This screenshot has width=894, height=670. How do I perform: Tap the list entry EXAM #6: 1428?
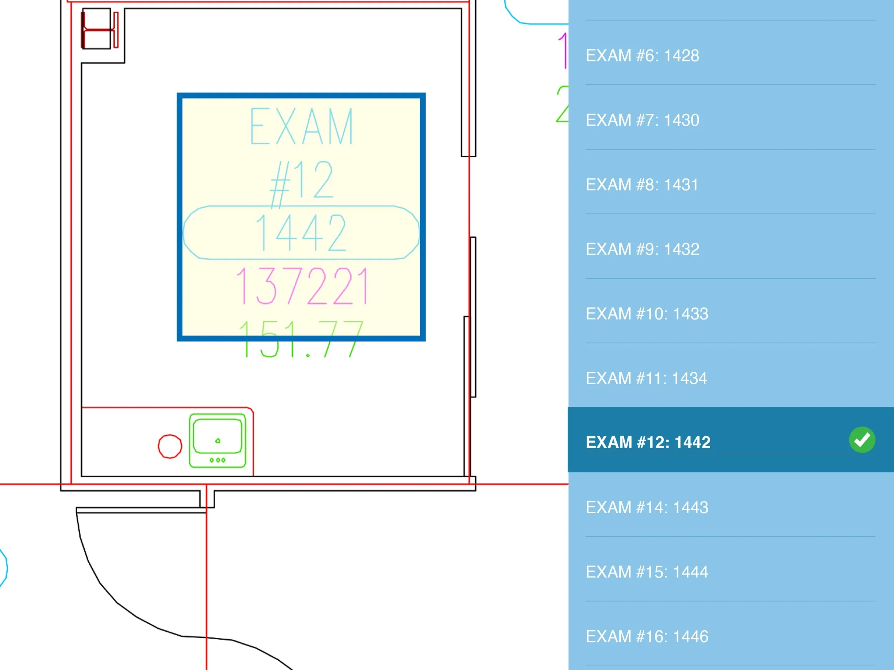click(642, 55)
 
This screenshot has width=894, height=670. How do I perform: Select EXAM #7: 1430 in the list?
click(642, 120)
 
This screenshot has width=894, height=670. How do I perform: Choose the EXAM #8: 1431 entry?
click(642, 185)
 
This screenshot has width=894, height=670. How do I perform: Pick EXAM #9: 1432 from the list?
click(642, 249)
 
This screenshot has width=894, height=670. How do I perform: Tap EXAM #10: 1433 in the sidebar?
click(647, 314)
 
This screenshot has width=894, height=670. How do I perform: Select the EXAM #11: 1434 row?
click(646, 378)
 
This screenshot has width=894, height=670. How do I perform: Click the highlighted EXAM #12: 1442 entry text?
click(648, 442)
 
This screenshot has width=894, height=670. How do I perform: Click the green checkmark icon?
click(862, 440)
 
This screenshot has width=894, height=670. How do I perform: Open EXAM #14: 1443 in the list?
click(647, 507)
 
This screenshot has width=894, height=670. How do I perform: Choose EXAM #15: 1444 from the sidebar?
click(647, 572)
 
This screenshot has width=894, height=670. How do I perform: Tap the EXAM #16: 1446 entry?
click(647, 636)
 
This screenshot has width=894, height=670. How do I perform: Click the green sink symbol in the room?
click(217, 441)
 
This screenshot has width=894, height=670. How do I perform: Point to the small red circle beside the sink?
click(170, 446)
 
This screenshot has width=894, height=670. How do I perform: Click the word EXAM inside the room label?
click(301, 126)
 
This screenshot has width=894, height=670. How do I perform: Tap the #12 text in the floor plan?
click(301, 180)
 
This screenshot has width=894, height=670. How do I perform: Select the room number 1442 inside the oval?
click(301, 233)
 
